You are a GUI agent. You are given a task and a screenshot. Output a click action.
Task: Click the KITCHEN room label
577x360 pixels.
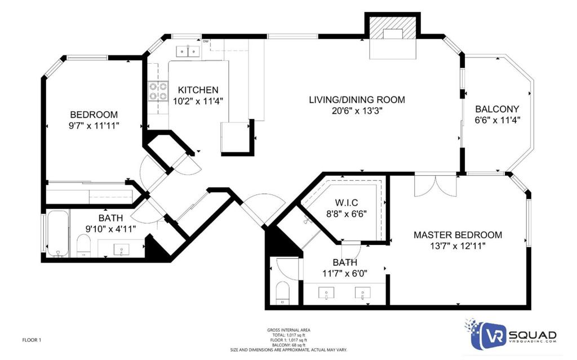click(198, 90)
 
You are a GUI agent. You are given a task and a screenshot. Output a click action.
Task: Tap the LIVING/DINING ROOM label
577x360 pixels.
click(357, 100)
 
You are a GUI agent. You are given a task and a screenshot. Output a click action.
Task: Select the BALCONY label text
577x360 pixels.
click(497, 109)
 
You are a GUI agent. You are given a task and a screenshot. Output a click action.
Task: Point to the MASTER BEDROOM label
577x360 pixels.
click(458, 235)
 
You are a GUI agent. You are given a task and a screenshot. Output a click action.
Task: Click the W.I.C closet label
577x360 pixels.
click(347, 202)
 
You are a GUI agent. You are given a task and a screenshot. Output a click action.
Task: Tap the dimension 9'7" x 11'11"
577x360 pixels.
click(94, 126)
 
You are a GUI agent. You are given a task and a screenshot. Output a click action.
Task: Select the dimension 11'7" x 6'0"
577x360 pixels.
click(345, 273)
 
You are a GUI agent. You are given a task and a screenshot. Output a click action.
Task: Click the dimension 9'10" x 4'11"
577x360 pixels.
click(110, 229)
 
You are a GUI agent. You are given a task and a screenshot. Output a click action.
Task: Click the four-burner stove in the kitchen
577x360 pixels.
click(158, 91)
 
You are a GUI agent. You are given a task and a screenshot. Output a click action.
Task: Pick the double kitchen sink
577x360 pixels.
click(188, 51)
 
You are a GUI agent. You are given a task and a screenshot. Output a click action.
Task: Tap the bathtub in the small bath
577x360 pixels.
click(58, 233)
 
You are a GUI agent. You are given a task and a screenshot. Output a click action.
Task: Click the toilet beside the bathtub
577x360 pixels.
click(83, 246)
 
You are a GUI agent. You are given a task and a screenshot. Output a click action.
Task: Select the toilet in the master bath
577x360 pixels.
click(283, 293)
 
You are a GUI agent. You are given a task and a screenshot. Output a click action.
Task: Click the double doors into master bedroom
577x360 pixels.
click(436, 185)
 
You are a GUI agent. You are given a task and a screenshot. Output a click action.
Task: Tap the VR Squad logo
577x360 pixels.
click(512, 335)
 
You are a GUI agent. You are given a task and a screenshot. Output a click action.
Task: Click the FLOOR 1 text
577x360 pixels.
click(32, 340)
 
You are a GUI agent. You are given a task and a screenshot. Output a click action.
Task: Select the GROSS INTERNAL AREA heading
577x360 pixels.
click(288, 330)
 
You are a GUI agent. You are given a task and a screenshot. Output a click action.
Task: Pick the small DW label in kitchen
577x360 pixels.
click(206, 41)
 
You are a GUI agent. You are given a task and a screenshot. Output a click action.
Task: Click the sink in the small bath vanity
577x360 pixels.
click(122, 250)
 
